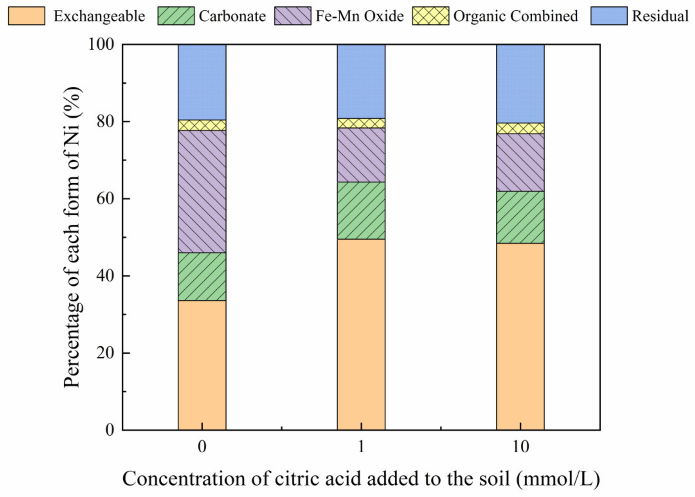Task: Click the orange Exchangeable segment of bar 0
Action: pos(202,365)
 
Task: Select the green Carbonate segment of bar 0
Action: pos(202,276)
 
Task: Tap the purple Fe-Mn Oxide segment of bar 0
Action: pos(202,191)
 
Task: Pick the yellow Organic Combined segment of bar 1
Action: pos(361,123)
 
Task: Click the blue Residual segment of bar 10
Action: pos(520,84)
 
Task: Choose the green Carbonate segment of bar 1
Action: pos(361,211)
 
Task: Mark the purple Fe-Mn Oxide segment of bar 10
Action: pos(520,162)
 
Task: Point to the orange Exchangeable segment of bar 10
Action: pos(520,336)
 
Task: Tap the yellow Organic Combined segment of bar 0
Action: pos(202,125)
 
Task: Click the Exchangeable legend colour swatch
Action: pos(26,16)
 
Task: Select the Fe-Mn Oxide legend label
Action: pos(359,16)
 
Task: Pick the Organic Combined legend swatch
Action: pos(430,16)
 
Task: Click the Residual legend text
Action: pos(660,16)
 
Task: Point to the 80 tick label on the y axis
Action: pos(105,122)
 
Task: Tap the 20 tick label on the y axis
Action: pos(105,353)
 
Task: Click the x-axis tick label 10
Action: pos(520,447)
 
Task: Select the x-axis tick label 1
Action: pos(361,447)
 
